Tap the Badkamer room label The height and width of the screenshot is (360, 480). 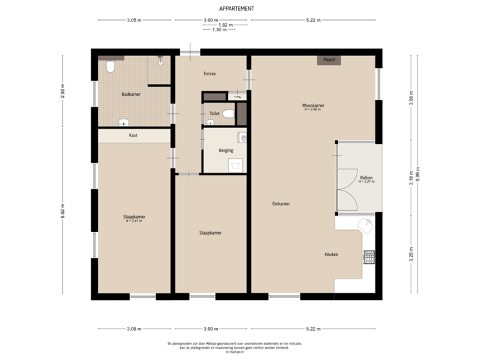(131, 95)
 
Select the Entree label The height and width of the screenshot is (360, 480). (209, 73)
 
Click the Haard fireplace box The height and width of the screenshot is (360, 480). (329, 60)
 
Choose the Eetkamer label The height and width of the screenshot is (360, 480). (280, 203)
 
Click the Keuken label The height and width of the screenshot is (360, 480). (332, 255)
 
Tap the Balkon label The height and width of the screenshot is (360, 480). (366, 178)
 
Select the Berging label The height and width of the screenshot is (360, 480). (226, 151)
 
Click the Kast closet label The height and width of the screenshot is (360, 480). (133, 135)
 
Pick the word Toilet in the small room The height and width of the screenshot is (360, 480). (214, 113)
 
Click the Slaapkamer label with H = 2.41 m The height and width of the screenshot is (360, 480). (134, 217)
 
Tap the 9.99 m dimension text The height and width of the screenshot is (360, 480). (418, 175)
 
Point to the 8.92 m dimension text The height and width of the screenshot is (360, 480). (62, 211)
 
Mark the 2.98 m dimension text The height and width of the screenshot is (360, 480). (62, 91)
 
